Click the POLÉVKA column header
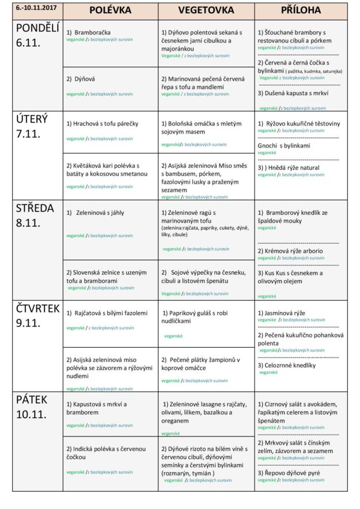[110, 10]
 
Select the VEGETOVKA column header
[206, 10]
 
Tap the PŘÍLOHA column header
[301, 10]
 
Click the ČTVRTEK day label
[37, 308]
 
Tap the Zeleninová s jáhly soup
[99, 212]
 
